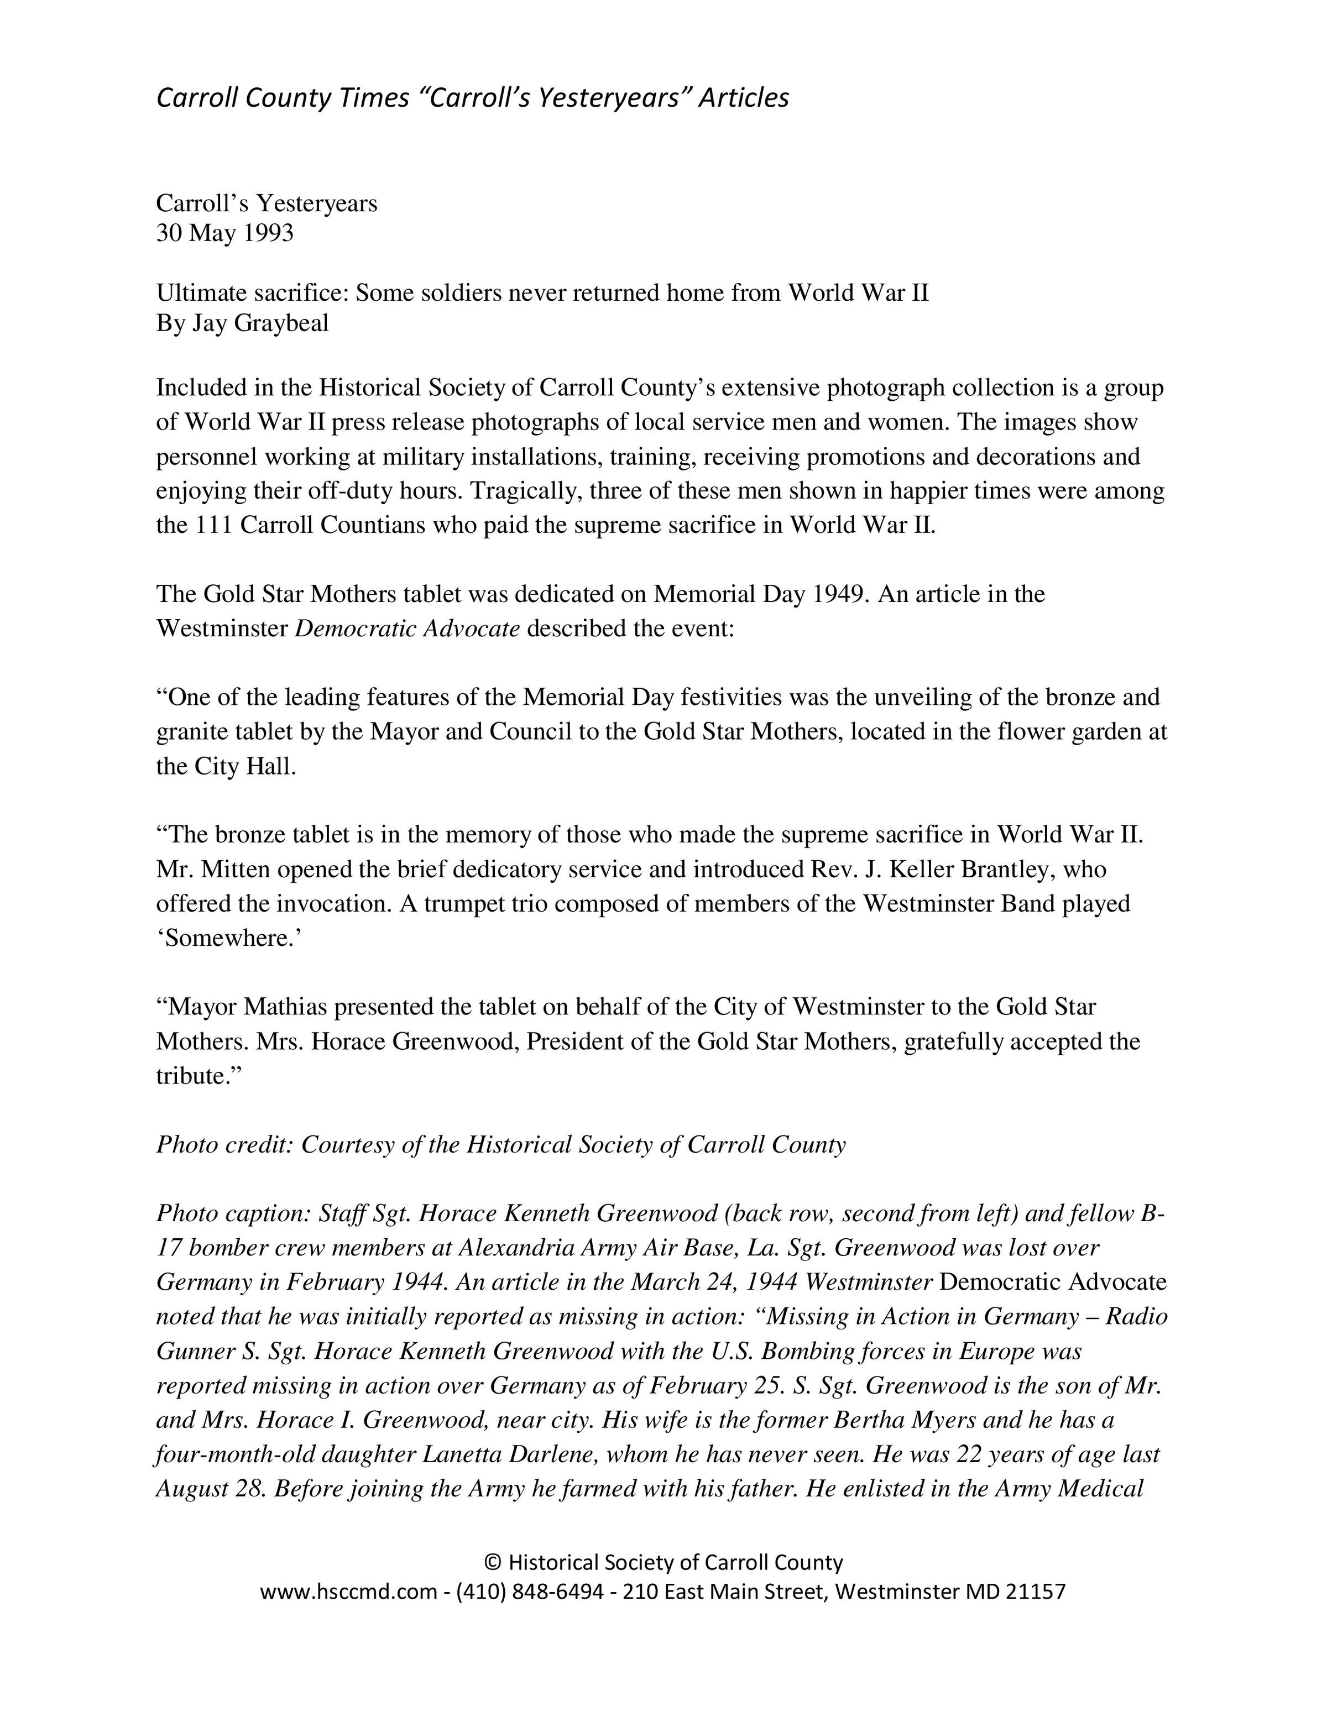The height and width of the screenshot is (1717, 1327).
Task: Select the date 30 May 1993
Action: [x=225, y=233]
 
